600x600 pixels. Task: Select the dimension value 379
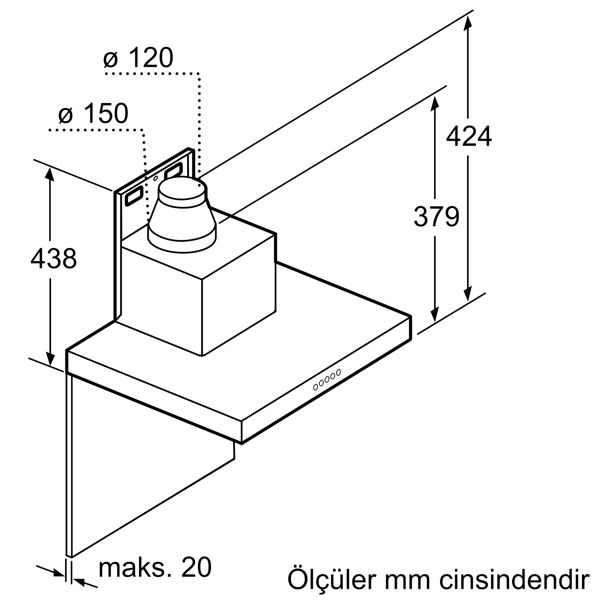pos(436,217)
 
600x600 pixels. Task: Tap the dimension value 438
pos(53,258)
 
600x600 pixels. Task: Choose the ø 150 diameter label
pos(93,113)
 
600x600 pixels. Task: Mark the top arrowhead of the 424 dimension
pos(468,22)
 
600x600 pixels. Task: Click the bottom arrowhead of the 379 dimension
pos(435,314)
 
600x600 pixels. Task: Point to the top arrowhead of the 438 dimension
pos(50,174)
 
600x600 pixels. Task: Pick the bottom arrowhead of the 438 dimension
pos(50,359)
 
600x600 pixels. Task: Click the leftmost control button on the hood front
pos(316,387)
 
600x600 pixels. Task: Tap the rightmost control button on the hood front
pos(338,372)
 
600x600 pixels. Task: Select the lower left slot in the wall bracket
pos(134,196)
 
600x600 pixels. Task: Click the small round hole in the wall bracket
pos(156,178)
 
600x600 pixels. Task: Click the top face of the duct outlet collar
pos(182,187)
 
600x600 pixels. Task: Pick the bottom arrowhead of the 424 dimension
pos(468,293)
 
